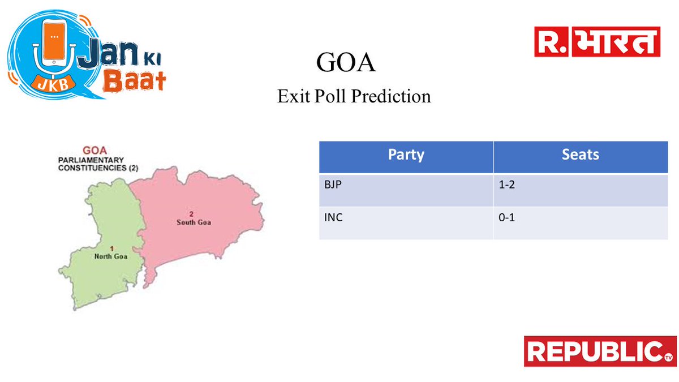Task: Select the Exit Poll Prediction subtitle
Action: coord(354,96)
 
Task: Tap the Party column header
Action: coord(406,155)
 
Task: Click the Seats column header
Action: coord(581,155)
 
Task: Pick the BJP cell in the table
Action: coord(333,184)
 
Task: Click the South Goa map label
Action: coord(194,222)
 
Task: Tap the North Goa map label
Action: coord(110,256)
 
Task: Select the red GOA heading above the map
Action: coord(96,151)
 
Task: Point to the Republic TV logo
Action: coord(600,351)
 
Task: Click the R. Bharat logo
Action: coord(597,42)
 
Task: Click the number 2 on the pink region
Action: coord(191,214)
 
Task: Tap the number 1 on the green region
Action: coord(112,248)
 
